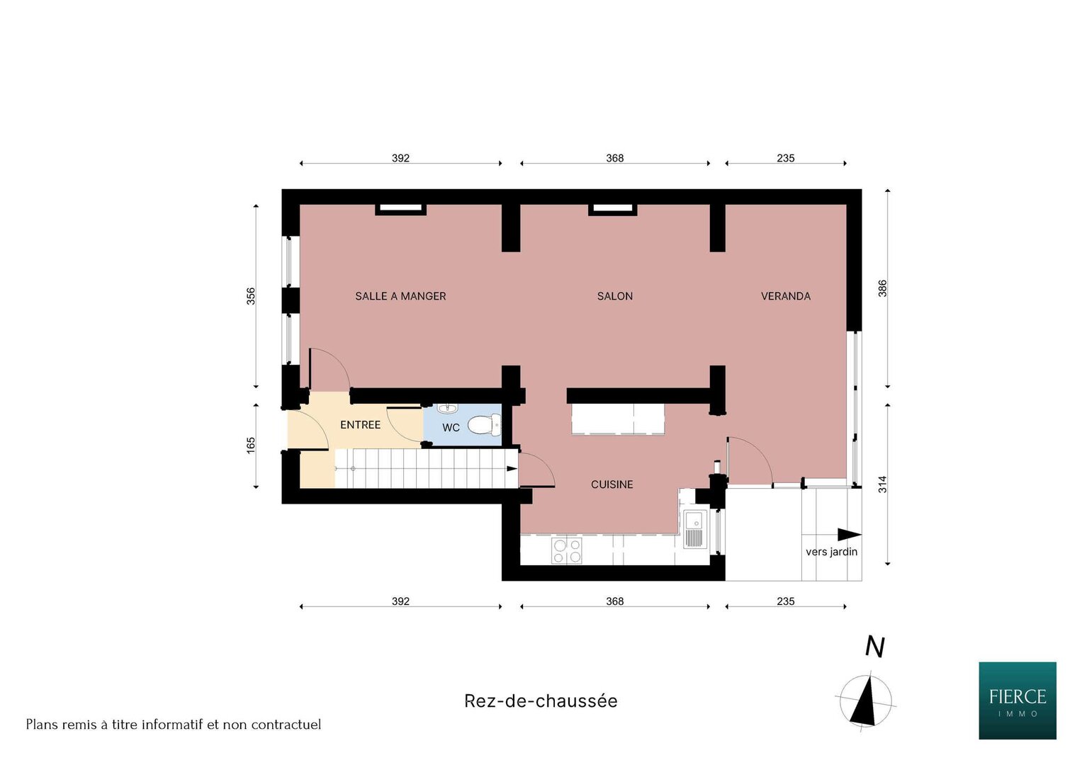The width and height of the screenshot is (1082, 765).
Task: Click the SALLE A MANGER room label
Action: [400, 296]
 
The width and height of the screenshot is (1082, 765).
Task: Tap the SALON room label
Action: [614, 296]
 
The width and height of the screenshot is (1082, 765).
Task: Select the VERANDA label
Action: [785, 296]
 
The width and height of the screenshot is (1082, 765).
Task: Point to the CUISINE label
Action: [612, 484]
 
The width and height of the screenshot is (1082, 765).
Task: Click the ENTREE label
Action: [361, 424]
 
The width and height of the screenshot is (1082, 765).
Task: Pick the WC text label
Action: [451, 427]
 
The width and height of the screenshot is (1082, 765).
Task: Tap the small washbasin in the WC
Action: [447, 409]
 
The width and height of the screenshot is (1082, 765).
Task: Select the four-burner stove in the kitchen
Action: [567, 550]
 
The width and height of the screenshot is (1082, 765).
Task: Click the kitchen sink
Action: [695, 529]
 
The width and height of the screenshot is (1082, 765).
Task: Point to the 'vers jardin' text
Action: [831, 552]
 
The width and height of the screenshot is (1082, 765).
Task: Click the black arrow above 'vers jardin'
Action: [849, 535]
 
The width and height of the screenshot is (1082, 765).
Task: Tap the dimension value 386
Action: [882, 289]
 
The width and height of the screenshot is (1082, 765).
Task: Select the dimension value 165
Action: [251, 446]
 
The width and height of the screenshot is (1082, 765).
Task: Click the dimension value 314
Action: [882, 484]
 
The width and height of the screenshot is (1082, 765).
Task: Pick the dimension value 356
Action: [251, 296]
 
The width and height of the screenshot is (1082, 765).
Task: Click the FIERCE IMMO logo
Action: [1018, 701]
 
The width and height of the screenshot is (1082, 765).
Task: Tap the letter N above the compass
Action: [874, 647]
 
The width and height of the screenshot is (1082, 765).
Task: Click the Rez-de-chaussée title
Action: [541, 701]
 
